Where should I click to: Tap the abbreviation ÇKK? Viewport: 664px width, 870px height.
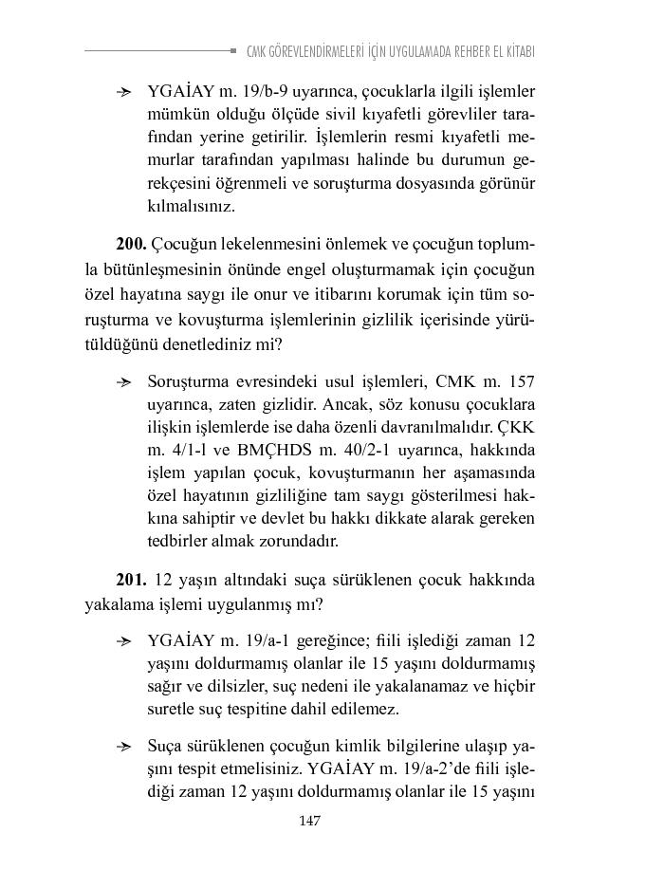[517, 427]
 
